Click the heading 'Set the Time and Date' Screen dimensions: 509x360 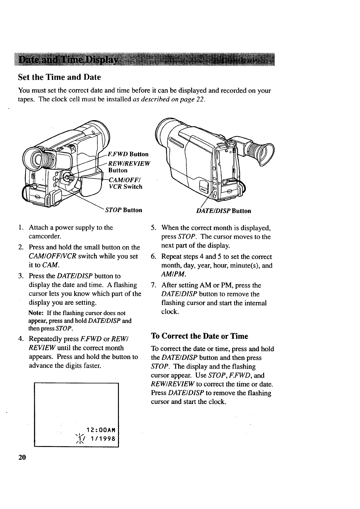pos(59,77)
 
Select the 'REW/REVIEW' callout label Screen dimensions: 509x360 pos(129,164)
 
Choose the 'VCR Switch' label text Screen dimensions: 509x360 pos(125,187)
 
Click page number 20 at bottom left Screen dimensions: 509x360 pos(22,457)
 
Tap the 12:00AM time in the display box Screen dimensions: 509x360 pos(101,430)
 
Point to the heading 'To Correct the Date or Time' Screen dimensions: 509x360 pos(199,336)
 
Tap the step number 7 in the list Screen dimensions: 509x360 pos(153,285)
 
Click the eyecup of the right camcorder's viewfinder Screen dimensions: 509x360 pos(266,154)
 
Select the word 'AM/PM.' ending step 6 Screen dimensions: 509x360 pos(173,274)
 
